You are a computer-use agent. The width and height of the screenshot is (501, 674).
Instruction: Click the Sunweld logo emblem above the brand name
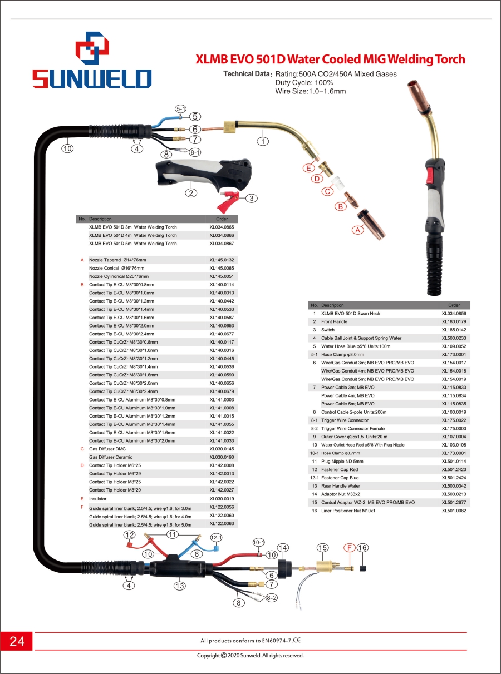pyautogui.click(x=92, y=48)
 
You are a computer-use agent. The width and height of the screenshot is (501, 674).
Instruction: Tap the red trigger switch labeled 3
pyautogui.click(x=227, y=201)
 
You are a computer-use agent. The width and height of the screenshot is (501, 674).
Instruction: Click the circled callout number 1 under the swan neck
pyautogui.click(x=263, y=141)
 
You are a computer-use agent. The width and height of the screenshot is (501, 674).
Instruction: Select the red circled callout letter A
pyautogui.click(x=358, y=230)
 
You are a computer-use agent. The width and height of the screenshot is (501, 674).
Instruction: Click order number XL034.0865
pyautogui.click(x=222, y=227)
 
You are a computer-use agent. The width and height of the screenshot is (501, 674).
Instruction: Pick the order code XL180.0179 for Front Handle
pyautogui.click(x=454, y=321)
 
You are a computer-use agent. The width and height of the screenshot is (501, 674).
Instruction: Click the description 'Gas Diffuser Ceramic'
pyautogui.click(x=111, y=457)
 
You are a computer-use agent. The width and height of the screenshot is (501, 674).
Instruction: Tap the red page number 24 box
pyautogui.click(x=16, y=641)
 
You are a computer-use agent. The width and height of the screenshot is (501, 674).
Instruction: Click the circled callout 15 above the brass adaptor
pyautogui.click(x=322, y=548)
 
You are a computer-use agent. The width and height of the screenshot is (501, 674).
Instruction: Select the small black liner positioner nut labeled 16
pyautogui.click(x=362, y=568)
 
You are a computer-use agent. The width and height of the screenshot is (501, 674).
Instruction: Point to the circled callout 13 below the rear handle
pyautogui.click(x=179, y=586)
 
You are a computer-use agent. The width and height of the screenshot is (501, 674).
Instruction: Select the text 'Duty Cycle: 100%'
pyautogui.click(x=304, y=83)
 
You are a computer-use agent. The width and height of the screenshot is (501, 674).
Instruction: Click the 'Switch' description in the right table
pyautogui.click(x=328, y=330)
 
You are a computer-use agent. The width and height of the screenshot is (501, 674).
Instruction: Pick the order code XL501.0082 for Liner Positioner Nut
pyautogui.click(x=454, y=511)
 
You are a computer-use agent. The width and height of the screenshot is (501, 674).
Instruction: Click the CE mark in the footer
pyautogui.click(x=297, y=640)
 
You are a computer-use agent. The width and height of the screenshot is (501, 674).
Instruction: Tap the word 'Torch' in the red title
pyautogui.click(x=450, y=60)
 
